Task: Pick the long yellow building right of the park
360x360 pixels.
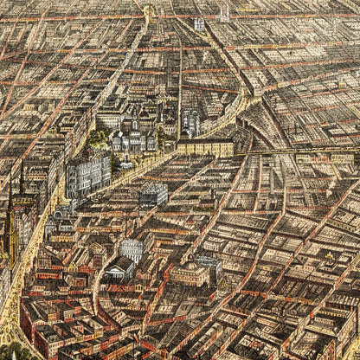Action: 205,147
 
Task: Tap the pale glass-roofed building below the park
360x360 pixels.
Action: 153,195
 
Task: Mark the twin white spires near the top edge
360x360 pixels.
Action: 225,14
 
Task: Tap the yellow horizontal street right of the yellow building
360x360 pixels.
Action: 294,153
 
